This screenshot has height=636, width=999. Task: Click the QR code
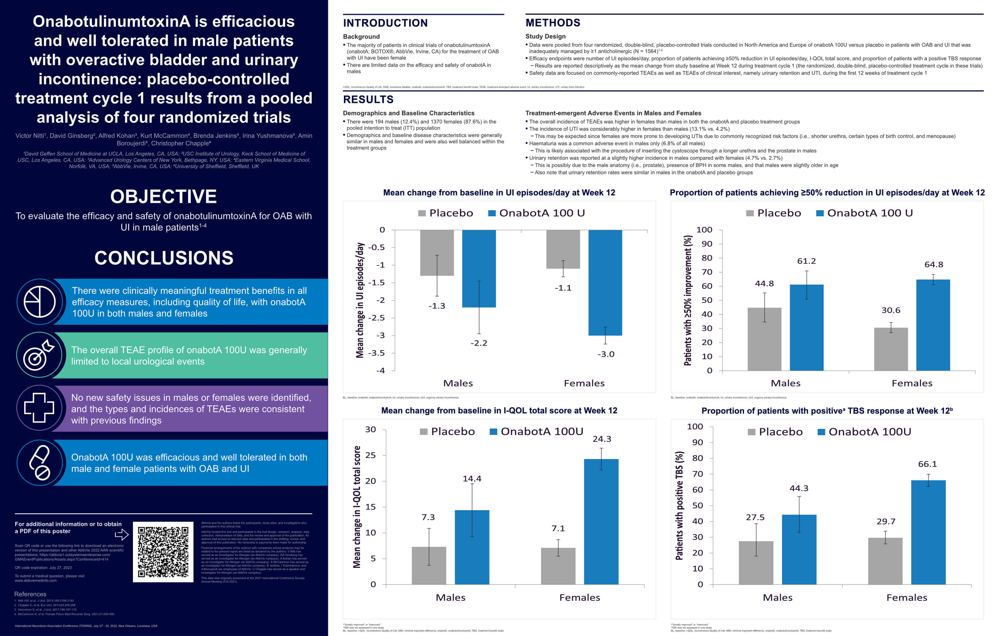click(x=163, y=552)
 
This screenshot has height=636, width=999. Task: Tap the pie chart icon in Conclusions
click(x=40, y=302)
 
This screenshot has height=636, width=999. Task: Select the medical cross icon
click(x=39, y=408)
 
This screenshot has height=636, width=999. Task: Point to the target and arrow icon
click(x=39, y=355)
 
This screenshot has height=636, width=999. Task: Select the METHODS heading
click(x=553, y=23)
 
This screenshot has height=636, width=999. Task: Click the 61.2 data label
click(x=806, y=261)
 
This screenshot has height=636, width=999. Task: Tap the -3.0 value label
click(x=606, y=354)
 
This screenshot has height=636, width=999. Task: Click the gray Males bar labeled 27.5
click(x=756, y=563)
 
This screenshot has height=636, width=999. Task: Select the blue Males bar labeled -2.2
click(x=479, y=269)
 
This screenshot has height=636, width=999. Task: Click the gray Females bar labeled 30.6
click(x=891, y=349)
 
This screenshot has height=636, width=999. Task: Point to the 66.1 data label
click(x=927, y=464)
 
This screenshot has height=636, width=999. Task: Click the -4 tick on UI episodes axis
click(x=380, y=371)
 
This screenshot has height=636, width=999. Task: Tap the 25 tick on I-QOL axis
click(x=370, y=455)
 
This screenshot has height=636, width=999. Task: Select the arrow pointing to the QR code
click(x=121, y=534)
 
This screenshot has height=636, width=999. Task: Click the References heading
click(x=30, y=594)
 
